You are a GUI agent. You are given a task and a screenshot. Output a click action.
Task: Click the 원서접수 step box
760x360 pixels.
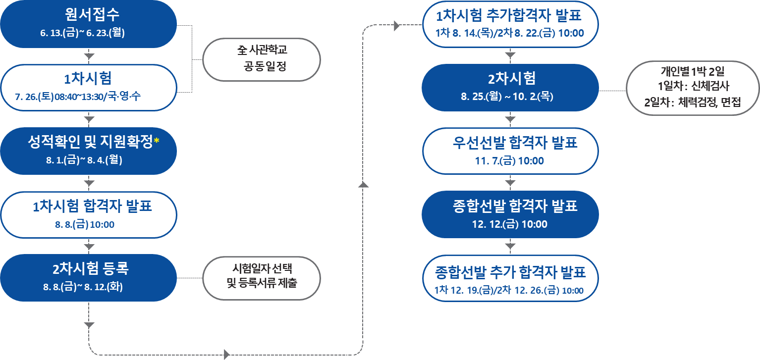89,24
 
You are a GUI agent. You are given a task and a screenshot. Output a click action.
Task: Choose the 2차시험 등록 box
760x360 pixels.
89,278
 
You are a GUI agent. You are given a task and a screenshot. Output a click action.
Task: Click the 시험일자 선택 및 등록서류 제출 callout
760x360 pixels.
262,278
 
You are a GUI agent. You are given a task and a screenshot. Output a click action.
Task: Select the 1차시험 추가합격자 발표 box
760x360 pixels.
510,24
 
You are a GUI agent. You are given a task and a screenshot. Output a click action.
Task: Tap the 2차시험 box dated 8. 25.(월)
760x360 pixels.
510,88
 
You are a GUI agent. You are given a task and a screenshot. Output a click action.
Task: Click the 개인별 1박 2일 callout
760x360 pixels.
693,88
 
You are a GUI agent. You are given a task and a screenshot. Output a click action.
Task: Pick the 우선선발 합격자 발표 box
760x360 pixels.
510,151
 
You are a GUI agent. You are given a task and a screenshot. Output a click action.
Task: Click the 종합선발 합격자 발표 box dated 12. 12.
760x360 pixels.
510,214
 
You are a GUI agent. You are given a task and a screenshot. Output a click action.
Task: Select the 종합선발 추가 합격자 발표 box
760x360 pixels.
510,278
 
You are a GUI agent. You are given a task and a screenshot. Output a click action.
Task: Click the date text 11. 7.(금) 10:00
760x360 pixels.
510,161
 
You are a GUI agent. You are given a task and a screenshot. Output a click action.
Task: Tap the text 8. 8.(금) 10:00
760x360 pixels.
85,224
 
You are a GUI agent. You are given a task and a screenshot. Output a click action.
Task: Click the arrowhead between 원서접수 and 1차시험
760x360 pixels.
89,55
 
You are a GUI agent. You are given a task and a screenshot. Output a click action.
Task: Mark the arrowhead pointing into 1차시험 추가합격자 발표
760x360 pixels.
397,26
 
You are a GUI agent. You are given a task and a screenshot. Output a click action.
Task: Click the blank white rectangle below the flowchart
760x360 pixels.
508,327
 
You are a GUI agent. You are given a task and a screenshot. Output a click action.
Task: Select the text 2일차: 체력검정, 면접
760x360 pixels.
693,103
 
